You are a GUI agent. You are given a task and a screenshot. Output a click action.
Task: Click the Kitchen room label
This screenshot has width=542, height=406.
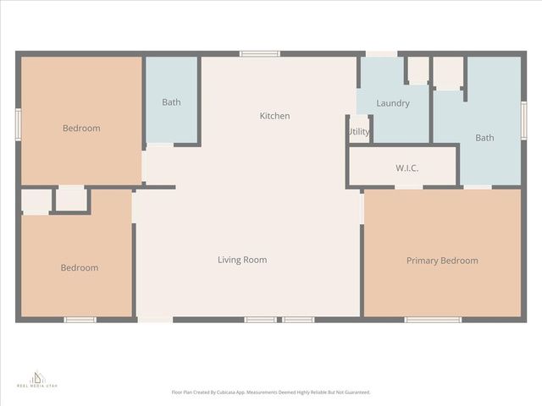click(274, 116)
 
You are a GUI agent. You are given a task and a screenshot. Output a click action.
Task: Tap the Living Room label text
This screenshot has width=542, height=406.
click(242, 260)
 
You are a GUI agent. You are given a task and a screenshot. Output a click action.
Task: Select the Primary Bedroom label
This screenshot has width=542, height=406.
click(442, 261)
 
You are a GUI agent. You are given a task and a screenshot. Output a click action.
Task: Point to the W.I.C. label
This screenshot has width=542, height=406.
click(406, 168)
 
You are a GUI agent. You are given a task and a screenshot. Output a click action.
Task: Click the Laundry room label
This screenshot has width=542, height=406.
click(393, 103)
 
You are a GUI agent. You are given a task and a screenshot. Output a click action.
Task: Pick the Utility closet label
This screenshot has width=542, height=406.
click(358, 131)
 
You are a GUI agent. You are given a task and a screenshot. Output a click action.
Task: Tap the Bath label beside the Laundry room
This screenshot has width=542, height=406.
click(484, 137)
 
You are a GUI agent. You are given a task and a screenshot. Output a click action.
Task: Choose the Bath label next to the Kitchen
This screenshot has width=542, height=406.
click(171, 102)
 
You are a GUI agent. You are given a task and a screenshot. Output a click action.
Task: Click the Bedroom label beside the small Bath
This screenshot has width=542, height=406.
click(81, 129)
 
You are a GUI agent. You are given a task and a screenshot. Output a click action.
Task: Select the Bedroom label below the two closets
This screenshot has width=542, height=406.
click(79, 268)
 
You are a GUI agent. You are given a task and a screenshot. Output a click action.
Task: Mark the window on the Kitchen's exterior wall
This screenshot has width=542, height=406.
click(260, 54)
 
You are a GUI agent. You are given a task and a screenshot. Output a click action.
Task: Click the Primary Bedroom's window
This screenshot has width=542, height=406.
click(432, 320)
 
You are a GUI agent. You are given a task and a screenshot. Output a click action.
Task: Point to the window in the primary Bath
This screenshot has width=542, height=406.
click(523, 120)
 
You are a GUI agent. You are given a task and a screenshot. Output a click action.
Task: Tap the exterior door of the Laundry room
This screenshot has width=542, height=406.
click(381, 54)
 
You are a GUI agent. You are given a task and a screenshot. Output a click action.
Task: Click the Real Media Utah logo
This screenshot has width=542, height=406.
click(37, 378)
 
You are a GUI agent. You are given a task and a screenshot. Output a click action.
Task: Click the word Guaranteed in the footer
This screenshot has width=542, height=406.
click(355, 392)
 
